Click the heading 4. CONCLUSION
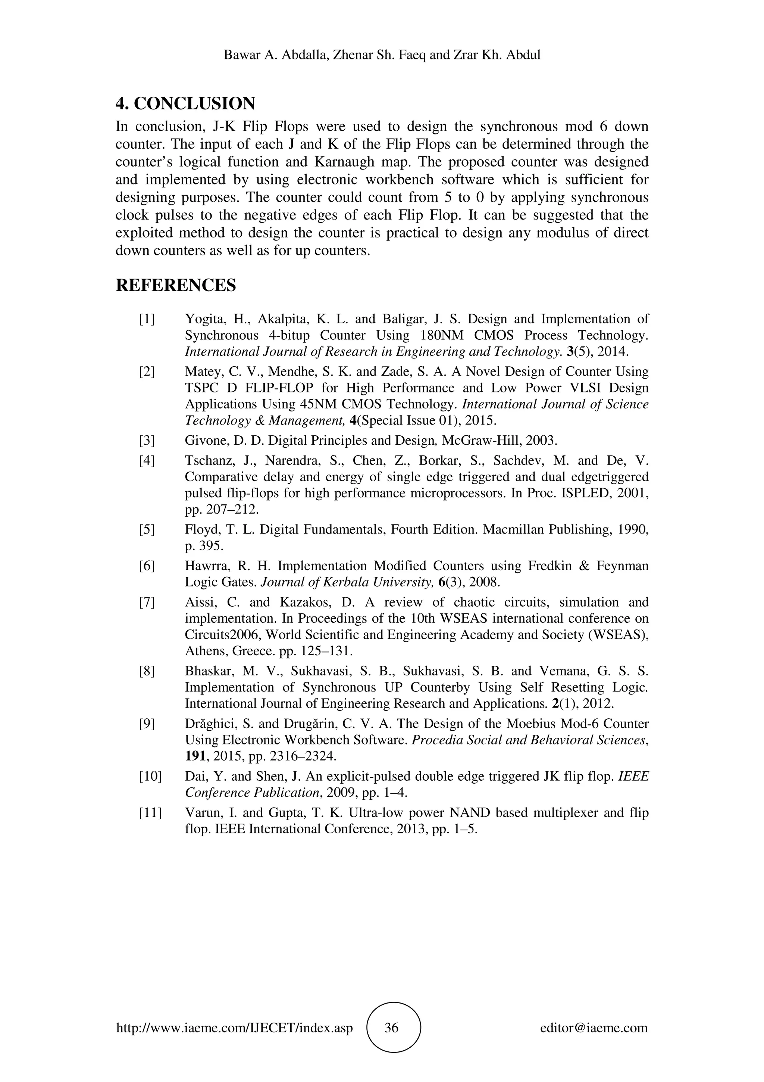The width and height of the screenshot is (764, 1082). pyautogui.click(x=185, y=103)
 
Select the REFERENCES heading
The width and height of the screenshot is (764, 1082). pyautogui.click(x=176, y=285)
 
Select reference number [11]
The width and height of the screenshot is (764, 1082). pyautogui.click(x=150, y=813)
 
